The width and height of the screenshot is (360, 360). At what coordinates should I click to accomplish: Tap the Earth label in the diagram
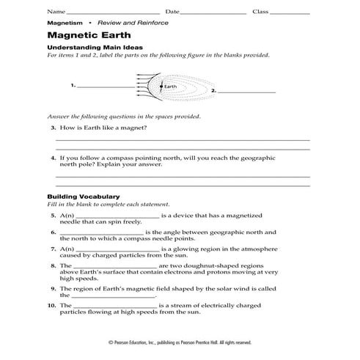pyautogui.click(x=171, y=87)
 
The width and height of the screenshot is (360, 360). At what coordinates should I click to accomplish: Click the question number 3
pyautogui.click(x=54, y=128)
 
